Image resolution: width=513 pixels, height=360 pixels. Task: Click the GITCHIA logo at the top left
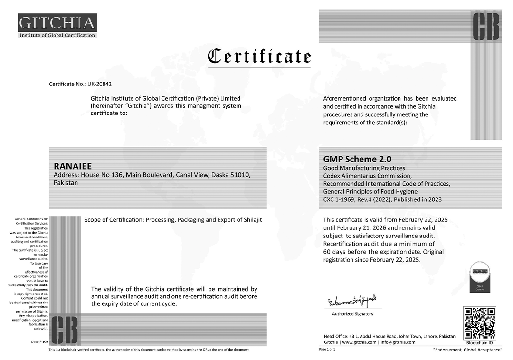pos(57,26)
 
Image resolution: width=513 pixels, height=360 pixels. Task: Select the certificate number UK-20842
pos(100,84)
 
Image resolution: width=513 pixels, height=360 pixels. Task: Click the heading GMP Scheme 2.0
pos(351,159)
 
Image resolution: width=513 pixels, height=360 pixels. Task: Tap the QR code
pos(479,323)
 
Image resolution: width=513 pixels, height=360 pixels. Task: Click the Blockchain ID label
pos(479,343)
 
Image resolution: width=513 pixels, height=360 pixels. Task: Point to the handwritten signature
pos(352,301)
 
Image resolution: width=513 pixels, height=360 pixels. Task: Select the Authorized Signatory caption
pos(352,314)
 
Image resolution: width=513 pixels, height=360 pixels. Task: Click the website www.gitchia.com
pos(359,342)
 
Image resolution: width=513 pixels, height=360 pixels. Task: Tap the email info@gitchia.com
pos(398,342)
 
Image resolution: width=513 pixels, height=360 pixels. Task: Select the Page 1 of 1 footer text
pos(328,350)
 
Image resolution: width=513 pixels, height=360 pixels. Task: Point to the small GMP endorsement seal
pos(479,277)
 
